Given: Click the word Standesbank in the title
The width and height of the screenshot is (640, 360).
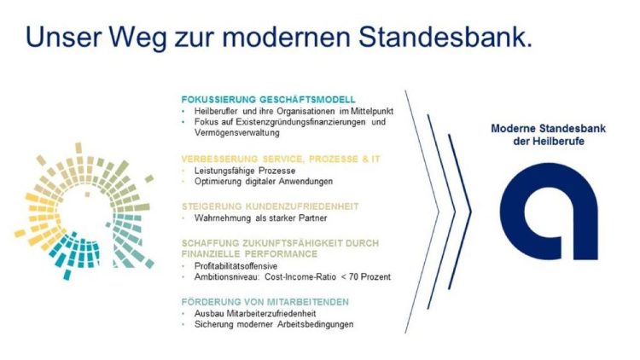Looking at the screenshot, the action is [445, 37].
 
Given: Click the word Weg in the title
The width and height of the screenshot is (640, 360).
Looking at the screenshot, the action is [139, 38].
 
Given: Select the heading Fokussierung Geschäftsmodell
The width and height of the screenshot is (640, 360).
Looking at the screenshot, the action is [269, 99].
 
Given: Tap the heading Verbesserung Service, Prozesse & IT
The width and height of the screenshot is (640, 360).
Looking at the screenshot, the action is [281, 159].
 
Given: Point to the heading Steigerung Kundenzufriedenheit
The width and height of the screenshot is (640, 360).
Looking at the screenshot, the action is [271, 206].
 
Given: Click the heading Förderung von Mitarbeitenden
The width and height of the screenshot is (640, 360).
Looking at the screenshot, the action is [265, 302].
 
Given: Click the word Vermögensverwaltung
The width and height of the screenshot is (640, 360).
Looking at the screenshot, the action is [237, 132].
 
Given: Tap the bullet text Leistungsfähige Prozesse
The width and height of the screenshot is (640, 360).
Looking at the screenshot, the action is [245, 171].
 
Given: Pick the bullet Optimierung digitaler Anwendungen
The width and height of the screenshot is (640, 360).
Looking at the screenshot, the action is [264, 181].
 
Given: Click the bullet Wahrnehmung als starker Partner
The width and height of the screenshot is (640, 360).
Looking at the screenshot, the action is [261, 218].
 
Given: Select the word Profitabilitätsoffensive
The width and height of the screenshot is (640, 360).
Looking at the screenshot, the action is [236, 266].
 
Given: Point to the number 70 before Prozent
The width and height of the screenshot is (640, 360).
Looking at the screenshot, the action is [353, 276].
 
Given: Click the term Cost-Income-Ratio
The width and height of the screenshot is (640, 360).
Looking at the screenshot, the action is [300, 276].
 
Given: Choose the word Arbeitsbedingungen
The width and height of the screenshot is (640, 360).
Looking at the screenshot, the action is [316, 324].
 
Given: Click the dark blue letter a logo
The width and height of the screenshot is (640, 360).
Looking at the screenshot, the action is [549, 211].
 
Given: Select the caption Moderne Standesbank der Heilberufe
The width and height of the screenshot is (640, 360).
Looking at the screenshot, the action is [548, 135].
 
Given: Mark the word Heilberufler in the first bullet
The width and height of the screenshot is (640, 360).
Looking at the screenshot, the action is [216, 111].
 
